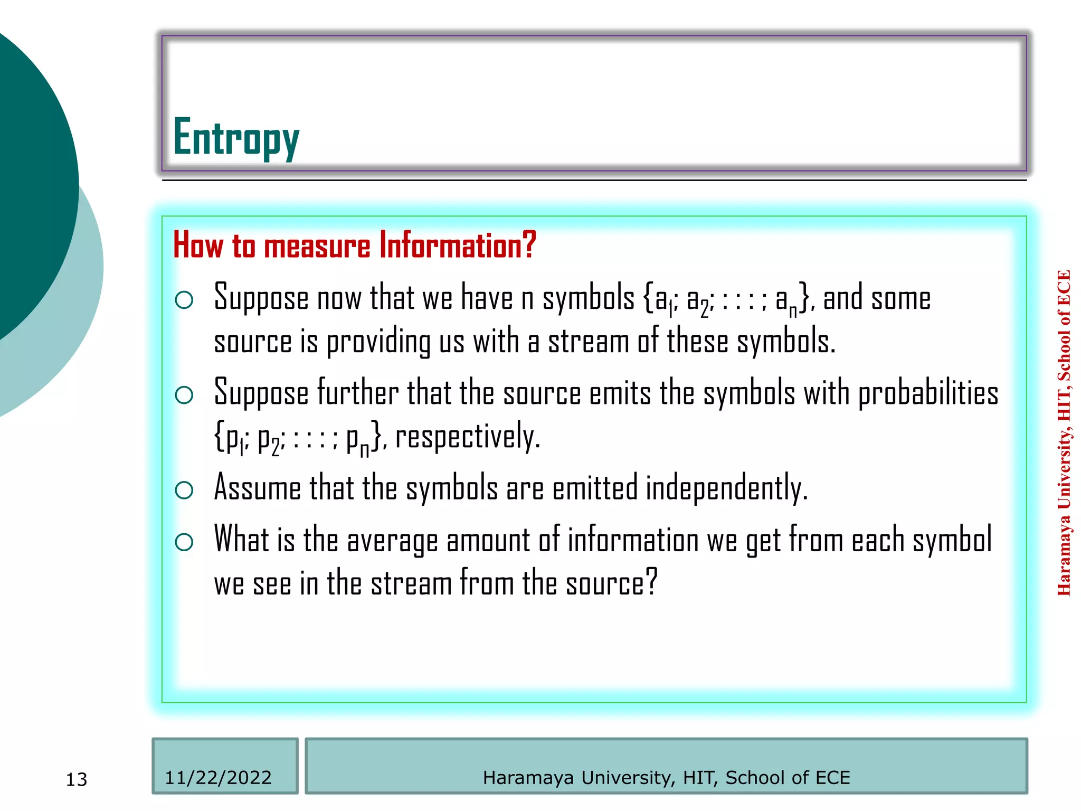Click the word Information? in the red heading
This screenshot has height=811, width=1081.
(x=458, y=246)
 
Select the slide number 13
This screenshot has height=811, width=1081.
(x=77, y=779)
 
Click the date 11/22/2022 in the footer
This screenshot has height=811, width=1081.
(x=218, y=777)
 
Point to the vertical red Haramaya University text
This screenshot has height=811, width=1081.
(x=1064, y=433)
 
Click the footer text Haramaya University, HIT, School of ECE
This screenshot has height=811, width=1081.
(x=666, y=777)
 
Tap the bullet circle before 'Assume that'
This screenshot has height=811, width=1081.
(x=184, y=490)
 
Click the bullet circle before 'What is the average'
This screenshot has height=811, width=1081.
(x=184, y=542)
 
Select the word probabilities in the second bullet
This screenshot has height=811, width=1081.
(x=928, y=395)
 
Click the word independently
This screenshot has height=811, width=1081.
(x=726, y=488)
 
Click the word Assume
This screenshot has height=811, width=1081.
(x=258, y=488)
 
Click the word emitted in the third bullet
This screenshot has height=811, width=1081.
(x=595, y=488)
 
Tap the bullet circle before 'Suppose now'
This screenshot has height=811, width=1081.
(x=184, y=300)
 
